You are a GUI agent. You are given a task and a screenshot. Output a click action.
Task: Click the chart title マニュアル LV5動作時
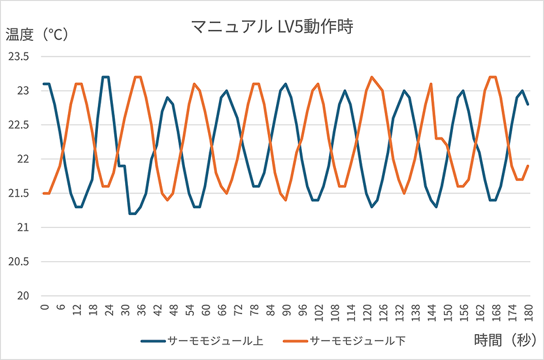click(273, 27)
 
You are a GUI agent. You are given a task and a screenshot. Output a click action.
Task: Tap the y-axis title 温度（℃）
click(37, 35)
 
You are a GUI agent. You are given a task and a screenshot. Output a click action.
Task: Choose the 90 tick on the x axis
click(286, 309)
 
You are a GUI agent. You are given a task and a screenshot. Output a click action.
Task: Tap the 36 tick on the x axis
click(141, 309)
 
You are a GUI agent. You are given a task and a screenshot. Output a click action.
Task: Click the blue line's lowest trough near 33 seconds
click(133, 214)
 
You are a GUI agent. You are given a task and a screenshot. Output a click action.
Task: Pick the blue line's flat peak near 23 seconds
click(105, 77)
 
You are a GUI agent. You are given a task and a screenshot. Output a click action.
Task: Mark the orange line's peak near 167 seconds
click(493, 77)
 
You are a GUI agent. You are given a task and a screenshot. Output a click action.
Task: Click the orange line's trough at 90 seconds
click(286, 200)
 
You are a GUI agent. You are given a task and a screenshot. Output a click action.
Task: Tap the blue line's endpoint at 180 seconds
click(528, 104)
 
